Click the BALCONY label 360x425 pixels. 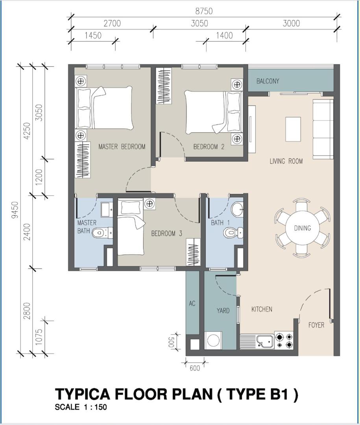tap(268, 81)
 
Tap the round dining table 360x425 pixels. tap(302, 228)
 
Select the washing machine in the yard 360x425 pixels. tap(213, 340)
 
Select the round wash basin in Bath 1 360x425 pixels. tap(237, 209)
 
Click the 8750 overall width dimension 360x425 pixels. tap(204, 11)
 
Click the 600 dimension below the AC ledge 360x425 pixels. tap(195, 368)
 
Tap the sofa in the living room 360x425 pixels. tap(323, 129)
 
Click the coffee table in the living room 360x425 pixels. tap(293, 129)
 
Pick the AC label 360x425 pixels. tap(192, 303)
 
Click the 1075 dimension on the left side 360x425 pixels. tap(39, 337)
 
